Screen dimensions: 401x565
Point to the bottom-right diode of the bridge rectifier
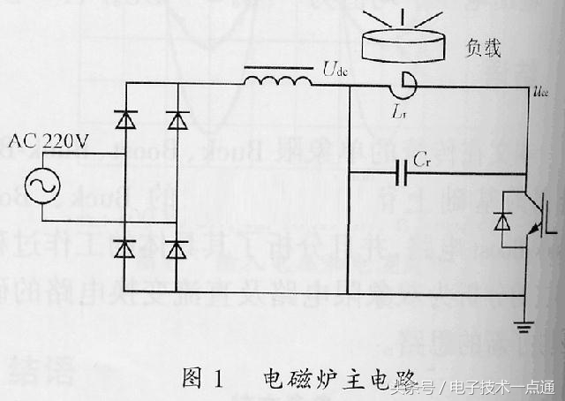179,249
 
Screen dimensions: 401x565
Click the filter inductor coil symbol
277,79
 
